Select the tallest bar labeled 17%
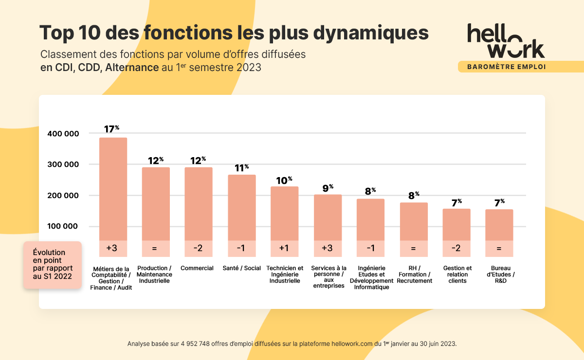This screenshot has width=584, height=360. (x=113, y=190)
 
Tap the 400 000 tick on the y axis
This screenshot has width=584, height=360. (x=63, y=133)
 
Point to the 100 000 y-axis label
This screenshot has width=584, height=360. (x=63, y=227)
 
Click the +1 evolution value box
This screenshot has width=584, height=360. (x=285, y=249)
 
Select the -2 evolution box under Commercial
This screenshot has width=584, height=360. (x=199, y=249)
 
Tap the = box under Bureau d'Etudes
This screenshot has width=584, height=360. (x=499, y=249)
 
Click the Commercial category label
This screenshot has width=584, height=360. (x=197, y=268)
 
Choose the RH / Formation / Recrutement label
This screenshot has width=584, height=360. (x=414, y=274)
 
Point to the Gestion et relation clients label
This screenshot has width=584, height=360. (x=457, y=274)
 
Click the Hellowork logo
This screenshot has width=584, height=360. (x=506, y=41)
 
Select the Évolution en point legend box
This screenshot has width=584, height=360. (x=52, y=265)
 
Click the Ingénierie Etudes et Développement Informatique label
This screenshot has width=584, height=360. (x=371, y=277)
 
